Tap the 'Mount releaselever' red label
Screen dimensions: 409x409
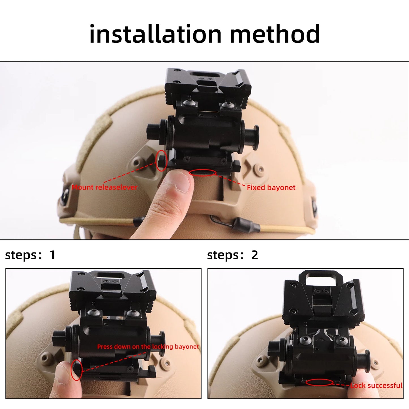coord(104,187)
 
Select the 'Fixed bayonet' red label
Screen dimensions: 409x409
coord(271,188)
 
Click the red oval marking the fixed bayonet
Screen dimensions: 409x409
coord(202,173)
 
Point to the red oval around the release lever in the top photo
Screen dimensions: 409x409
coord(161,161)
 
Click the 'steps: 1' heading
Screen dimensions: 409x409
coord(30,255)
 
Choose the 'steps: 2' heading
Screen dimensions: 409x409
coord(232,255)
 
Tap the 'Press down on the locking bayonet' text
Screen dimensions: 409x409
coord(148,347)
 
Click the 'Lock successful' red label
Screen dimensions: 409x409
coord(376,386)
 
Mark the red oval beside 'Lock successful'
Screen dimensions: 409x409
coord(319,382)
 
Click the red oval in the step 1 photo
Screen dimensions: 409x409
coord(76,370)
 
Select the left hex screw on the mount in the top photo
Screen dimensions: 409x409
coord(188,104)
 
